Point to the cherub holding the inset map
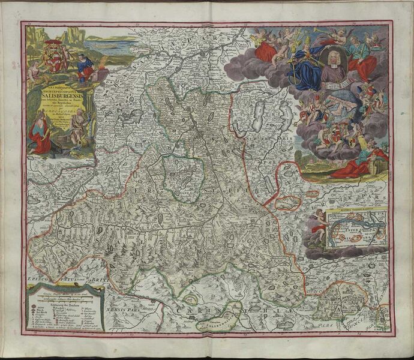point(319,228)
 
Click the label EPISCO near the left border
point(38,281)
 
